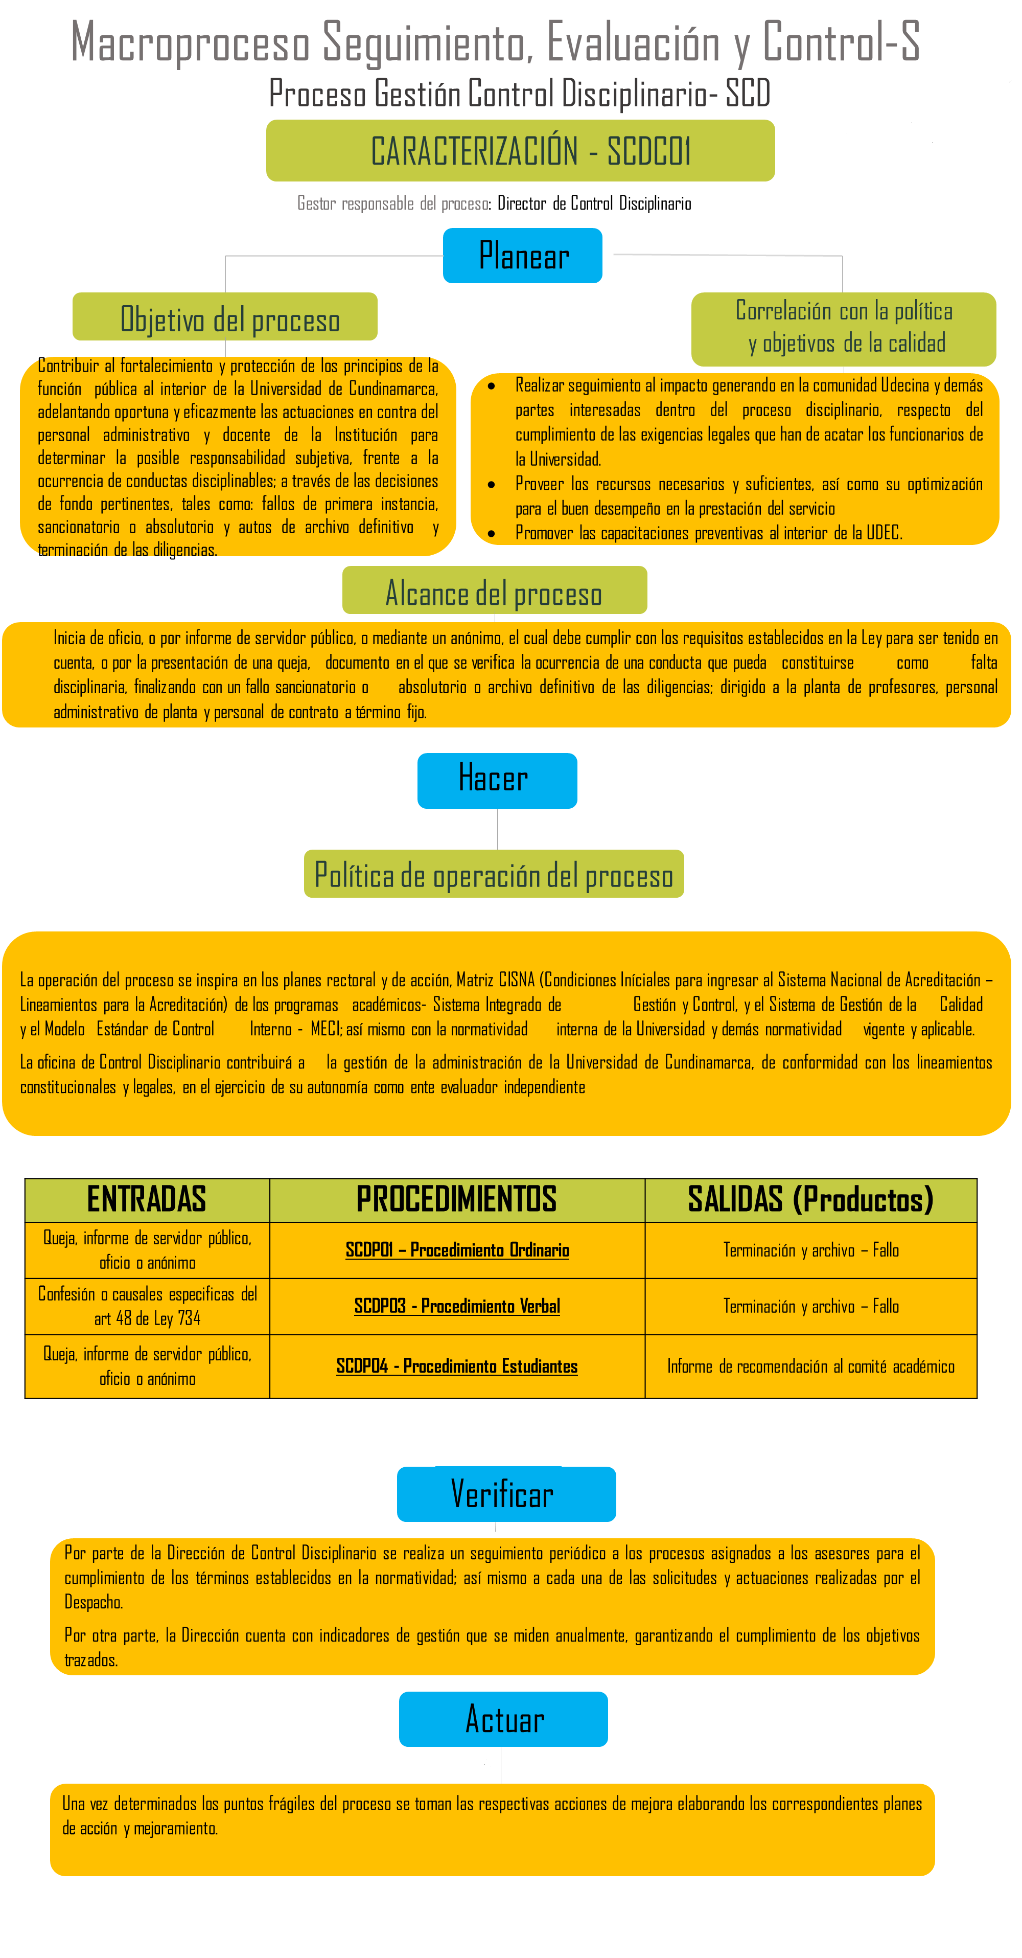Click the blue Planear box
coord(523,256)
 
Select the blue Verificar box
coord(506,1494)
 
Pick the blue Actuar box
coord(503,1719)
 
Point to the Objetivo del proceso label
coord(225,317)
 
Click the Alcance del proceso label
coord(495,590)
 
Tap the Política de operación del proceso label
coord(494,874)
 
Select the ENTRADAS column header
coord(147,1199)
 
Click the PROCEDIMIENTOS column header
coord(457,1199)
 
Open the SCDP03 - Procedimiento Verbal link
coord(457,1306)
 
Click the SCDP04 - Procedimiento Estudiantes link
coord(457,1366)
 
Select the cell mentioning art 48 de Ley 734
coord(147,1306)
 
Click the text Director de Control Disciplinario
coord(594,203)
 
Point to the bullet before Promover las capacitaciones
coord(492,534)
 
